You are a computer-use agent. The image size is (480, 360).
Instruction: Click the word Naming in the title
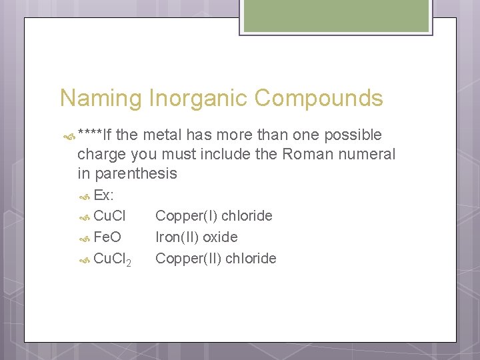(101, 99)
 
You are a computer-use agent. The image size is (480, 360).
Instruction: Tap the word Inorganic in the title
(198, 99)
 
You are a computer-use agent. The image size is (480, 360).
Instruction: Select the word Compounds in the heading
(319, 99)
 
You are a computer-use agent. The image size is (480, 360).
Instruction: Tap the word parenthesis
(136, 174)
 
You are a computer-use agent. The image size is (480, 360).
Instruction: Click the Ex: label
(103, 195)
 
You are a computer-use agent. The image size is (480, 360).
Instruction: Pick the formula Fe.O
(108, 237)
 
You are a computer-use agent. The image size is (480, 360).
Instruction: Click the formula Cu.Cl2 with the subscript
(112, 259)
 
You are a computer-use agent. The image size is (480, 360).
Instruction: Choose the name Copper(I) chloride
(213, 216)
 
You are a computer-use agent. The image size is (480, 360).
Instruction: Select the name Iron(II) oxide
(196, 237)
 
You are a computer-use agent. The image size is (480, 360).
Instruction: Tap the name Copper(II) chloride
(215, 259)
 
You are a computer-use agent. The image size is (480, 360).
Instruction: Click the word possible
(353, 135)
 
